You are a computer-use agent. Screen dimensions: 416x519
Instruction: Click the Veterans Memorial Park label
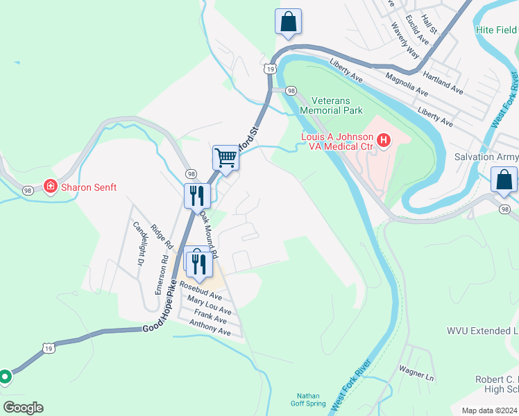[331, 105]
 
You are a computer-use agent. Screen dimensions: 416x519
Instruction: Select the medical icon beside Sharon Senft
[50, 187]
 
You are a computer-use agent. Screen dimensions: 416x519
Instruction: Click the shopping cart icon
[226, 157]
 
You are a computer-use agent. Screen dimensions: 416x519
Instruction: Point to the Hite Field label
[496, 30]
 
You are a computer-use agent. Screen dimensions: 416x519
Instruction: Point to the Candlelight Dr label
[139, 243]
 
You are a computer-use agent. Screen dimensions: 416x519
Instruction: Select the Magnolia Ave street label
[407, 85]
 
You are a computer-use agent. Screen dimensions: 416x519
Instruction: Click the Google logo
[23, 408]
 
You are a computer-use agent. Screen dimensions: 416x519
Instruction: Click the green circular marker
[5, 376]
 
